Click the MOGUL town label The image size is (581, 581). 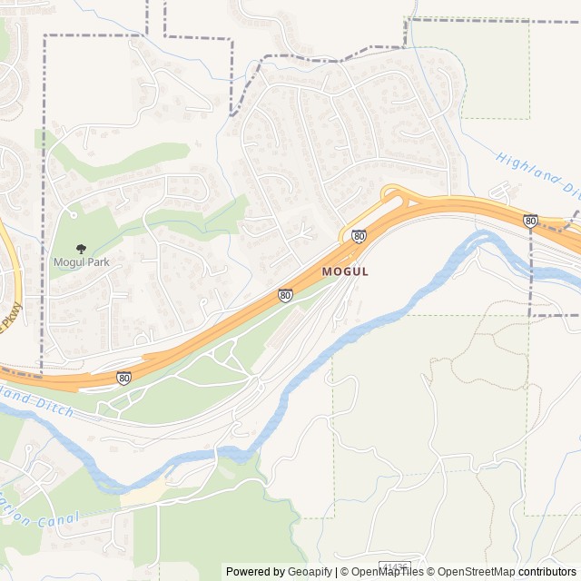tap(345, 271)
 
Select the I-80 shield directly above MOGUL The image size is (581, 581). tap(359, 236)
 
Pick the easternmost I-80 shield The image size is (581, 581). tap(530, 221)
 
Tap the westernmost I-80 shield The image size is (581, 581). tap(123, 378)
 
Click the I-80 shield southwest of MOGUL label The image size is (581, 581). tap(285, 295)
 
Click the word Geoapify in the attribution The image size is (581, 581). tap(310, 572)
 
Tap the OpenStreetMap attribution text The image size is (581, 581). tap(476, 572)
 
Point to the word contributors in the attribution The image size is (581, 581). tap(547, 572)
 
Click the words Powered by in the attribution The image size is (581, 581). tap(255, 572)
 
